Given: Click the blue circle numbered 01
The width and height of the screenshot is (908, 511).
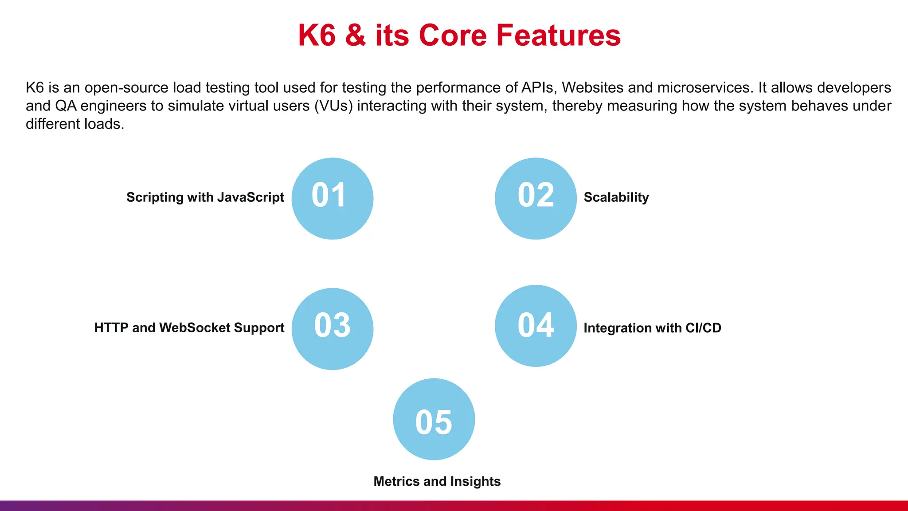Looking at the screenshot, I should [x=332, y=198].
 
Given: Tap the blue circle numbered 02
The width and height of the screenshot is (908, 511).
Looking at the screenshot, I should [x=536, y=198].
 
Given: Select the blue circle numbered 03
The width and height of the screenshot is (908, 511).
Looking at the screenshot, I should [x=332, y=329].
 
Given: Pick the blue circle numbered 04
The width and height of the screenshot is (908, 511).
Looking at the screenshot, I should [x=536, y=326].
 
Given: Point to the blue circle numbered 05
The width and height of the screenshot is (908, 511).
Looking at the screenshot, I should [x=434, y=419].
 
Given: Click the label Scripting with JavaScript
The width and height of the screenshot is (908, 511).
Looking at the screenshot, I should [x=205, y=197].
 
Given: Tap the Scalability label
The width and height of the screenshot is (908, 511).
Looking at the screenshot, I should [x=616, y=197].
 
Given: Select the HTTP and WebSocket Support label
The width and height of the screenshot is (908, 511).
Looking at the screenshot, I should [x=189, y=328].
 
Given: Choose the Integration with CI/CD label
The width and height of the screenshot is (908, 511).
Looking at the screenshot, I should [x=652, y=328].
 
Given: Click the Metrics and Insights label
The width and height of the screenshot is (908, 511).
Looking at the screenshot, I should [x=437, y=481].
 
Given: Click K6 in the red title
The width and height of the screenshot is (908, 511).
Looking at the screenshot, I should [x=317, y=35].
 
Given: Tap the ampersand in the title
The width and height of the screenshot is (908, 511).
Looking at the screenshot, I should [x=355, y=35].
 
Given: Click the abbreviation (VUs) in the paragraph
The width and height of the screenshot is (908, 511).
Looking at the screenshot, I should [x=333, y=106].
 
